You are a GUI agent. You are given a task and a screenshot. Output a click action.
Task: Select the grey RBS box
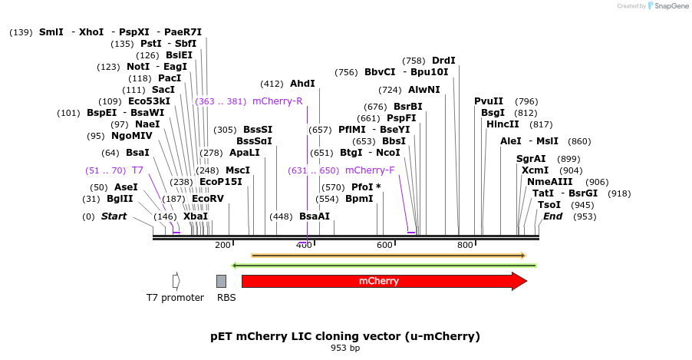click(x=221, y=281)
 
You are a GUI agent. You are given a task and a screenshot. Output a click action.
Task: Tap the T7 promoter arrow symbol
click(x=176, y=281)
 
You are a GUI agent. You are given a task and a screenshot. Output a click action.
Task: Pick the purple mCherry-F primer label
click(x=370, y=170)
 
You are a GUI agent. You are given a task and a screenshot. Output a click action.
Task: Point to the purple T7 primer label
click(x=137, y=170)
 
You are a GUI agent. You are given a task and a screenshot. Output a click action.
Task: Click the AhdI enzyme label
click(x=302, y=84)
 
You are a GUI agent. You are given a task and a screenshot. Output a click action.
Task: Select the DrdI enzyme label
click(x=443, y=61)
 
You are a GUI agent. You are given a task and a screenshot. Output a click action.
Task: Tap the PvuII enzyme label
click(x=489, y=101)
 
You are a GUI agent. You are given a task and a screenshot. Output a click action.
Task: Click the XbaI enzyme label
click(x=196, y=216)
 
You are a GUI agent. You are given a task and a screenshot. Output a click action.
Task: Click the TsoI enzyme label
click(x=549, y=205)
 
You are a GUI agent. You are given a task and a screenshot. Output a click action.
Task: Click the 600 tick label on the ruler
click(x=384, y=245)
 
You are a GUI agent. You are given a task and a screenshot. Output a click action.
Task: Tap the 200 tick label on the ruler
click(x=222, y=245)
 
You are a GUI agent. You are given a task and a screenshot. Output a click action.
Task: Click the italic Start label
click(x=114, y=216)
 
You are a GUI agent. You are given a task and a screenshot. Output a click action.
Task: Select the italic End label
click(x=552, y=216)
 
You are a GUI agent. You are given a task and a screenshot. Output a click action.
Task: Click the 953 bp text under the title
click(x=345, y=348)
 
